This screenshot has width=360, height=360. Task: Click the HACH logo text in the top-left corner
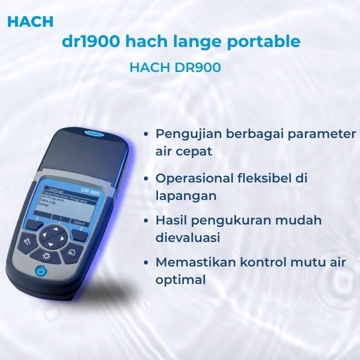tap(30, 21)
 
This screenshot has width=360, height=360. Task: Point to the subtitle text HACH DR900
tap(175, 67)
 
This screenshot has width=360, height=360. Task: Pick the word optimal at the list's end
tap(180, 280)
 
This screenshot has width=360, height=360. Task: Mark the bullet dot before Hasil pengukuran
tap(145, 221)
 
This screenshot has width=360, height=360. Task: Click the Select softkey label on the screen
tap(79, 223)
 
